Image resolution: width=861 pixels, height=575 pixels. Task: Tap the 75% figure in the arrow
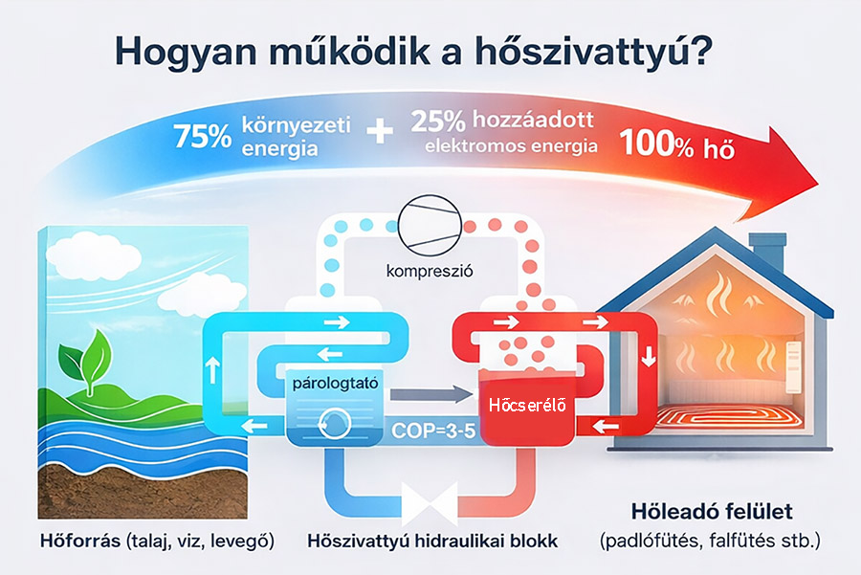(x=202, y=136)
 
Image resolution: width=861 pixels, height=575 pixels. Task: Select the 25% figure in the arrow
(x=437, y=122)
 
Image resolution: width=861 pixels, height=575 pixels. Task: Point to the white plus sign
(x=380, y=132)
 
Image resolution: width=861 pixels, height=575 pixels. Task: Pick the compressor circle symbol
(x=430, y=225)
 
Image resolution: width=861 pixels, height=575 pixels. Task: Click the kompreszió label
(x=430, y=271)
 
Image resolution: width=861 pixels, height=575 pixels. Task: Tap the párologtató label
(x=335, y=383)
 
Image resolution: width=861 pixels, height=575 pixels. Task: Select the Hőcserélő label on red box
(x=527, y=406)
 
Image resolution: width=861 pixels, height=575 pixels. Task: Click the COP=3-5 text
(x=433, y=431)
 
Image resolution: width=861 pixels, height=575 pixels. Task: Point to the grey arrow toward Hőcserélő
(x=431, y=394)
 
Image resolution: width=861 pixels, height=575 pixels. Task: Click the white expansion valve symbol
(x=430, y=502)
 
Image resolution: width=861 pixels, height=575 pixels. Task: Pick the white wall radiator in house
(x=794, y=367)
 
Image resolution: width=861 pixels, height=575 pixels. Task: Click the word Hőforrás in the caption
(x=80, y=541)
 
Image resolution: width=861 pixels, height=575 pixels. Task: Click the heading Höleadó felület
(x=712, y=511)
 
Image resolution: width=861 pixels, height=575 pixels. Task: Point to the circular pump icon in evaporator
(x=335, y=424)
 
